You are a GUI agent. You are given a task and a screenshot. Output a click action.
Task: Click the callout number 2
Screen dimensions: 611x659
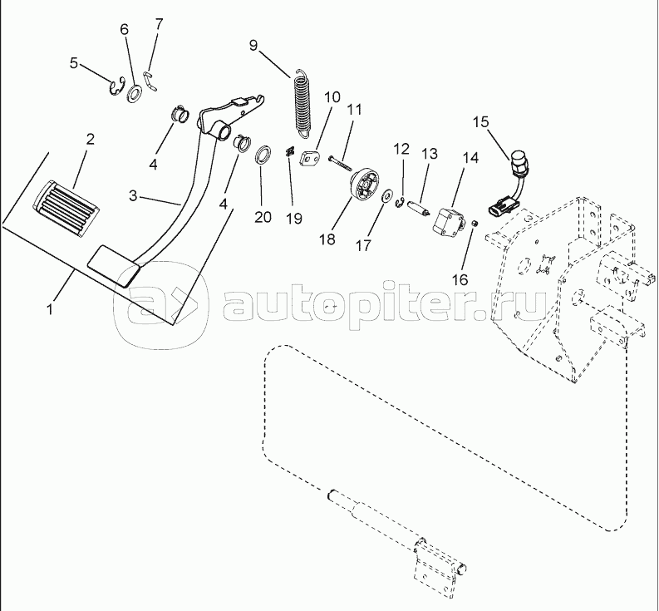tap(91, 138)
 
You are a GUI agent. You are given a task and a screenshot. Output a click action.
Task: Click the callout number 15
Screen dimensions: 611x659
tap(480, 122)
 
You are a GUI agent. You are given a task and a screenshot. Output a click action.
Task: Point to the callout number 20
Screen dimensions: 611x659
tap(263, 217)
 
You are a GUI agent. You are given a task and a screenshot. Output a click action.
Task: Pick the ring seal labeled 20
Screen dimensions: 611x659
tap(263, 155)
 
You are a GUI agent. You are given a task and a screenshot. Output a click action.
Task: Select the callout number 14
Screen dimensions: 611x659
tap(470, 156)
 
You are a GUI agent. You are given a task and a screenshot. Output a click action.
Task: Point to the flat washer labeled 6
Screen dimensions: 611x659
tap(133, 88)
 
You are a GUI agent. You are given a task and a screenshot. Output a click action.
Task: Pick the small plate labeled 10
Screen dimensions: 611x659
tap(312, 157)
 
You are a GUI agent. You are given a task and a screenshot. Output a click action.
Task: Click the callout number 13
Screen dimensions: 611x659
tap(429, 154)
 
